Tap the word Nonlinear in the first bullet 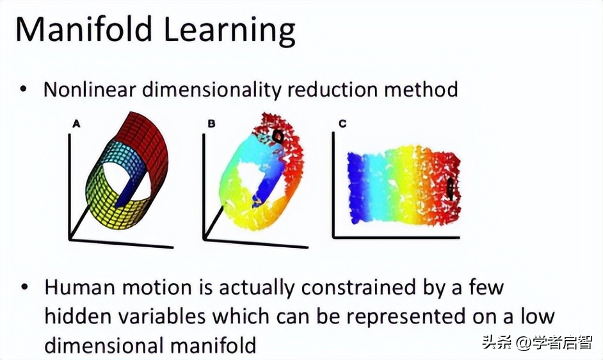(89, 89)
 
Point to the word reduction (333, 89)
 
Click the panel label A (76, 124)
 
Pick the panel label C (342, 124)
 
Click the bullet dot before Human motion (24, 287)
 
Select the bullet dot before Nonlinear (24, 89)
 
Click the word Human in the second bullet (76, 287)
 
